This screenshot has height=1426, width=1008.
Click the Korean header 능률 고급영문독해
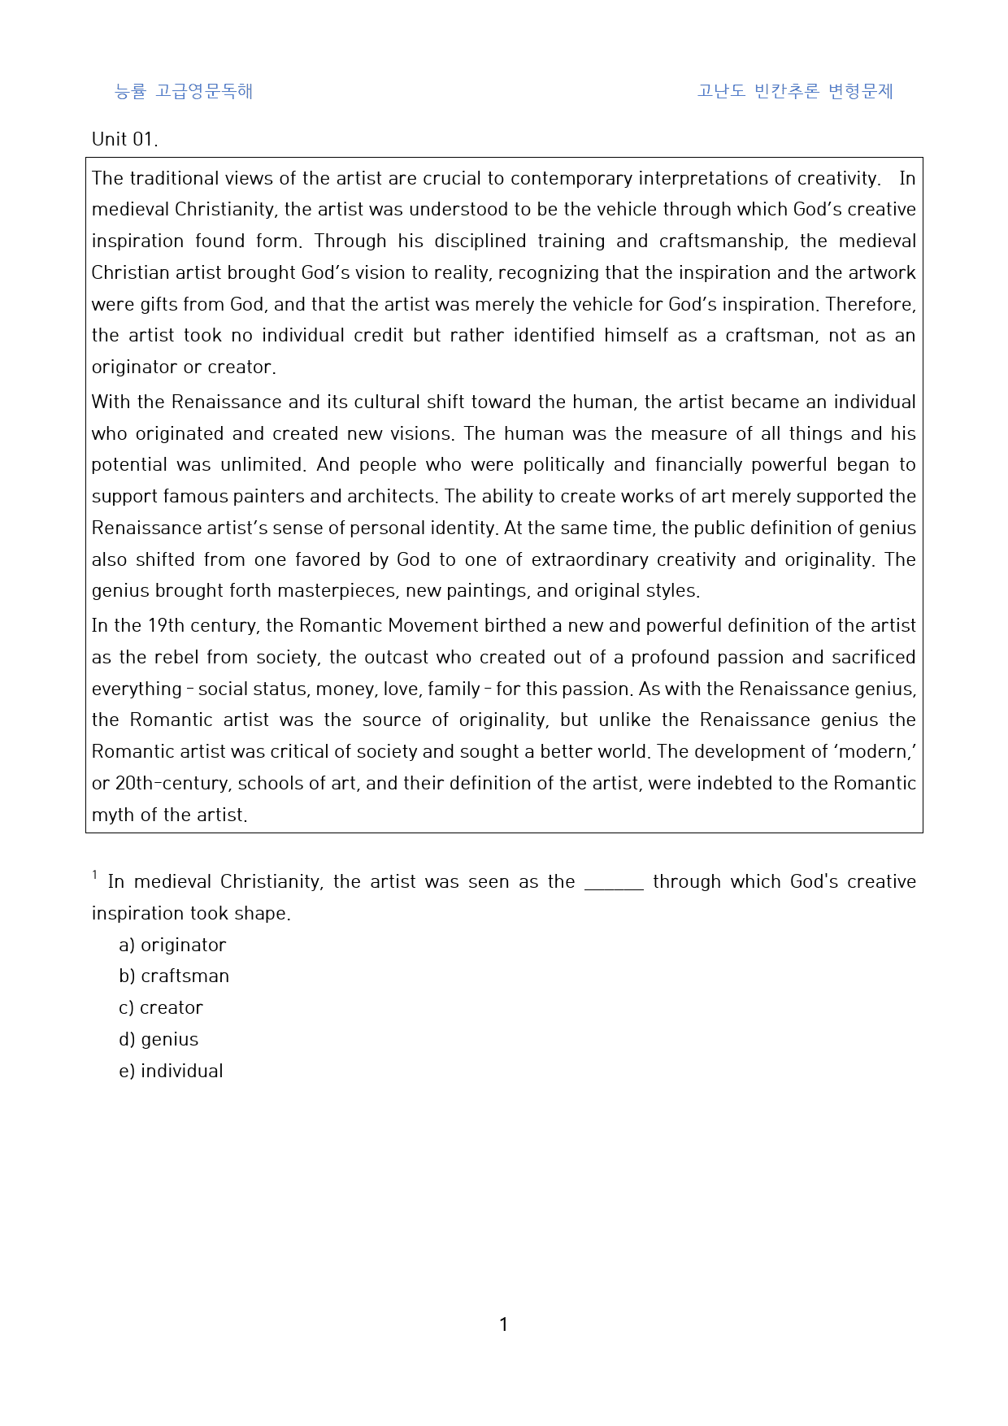184,91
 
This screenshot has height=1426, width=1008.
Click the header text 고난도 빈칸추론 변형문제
794,91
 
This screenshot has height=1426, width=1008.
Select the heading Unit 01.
124,139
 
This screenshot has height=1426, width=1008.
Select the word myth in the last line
111,815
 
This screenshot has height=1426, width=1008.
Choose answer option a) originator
172,945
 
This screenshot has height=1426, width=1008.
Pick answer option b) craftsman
174,976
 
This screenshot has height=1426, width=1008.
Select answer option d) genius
159,1040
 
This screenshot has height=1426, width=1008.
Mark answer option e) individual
171,1072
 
